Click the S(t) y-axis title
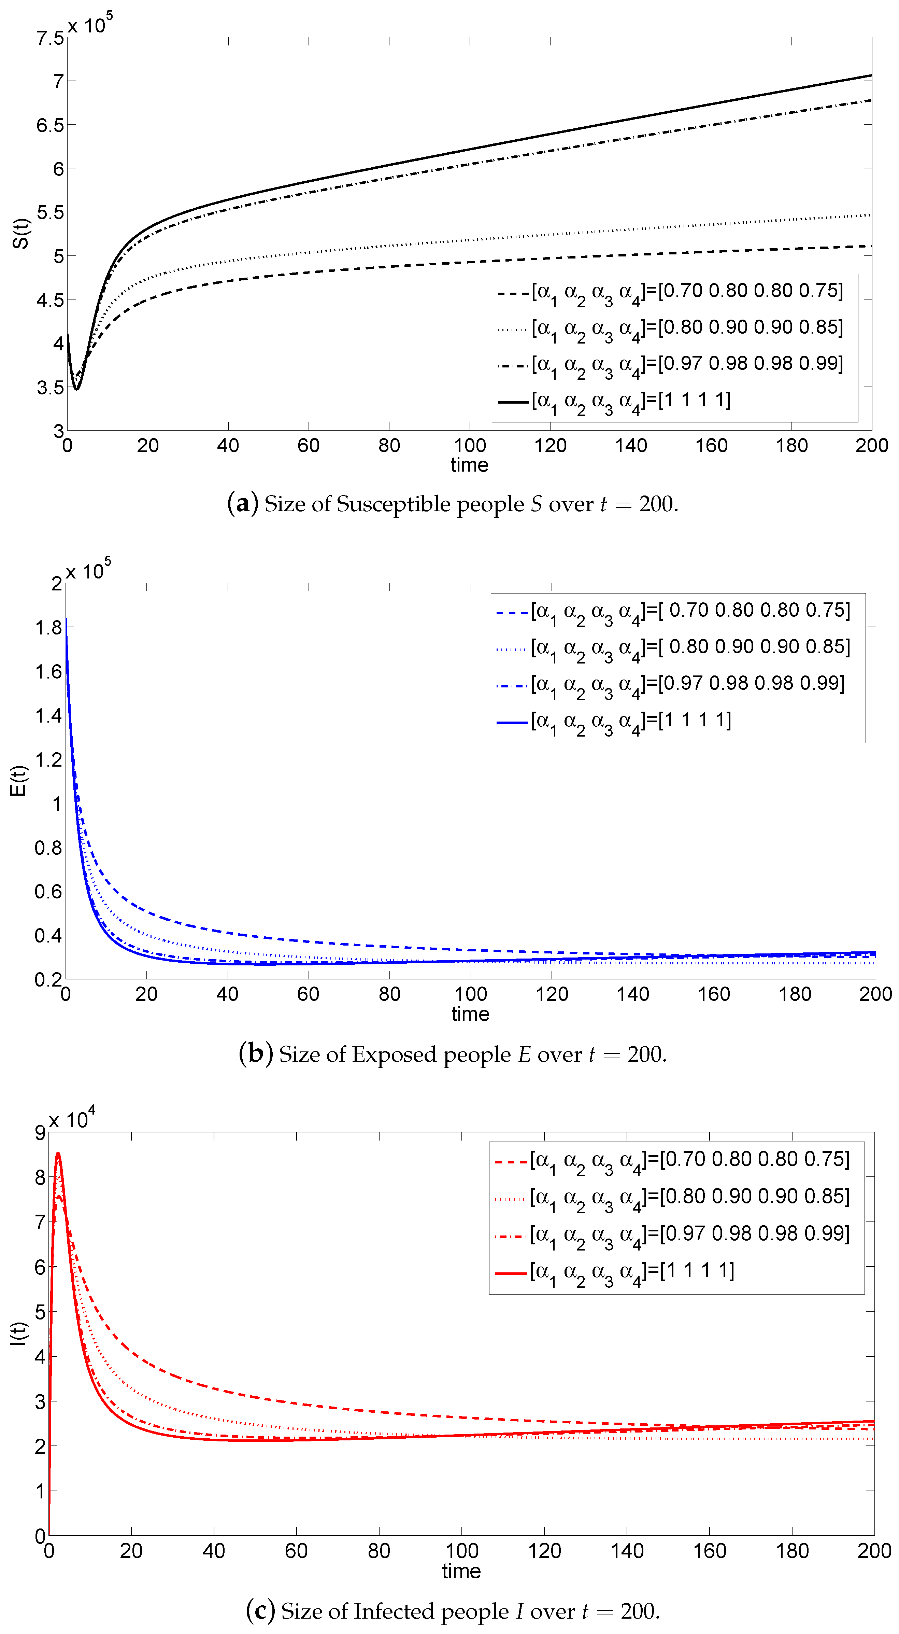click(21, 234)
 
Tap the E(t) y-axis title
click(19, 780)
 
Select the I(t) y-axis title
click(19, 1333)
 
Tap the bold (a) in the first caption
click(243, 504)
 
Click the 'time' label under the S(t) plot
click(469, 465)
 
